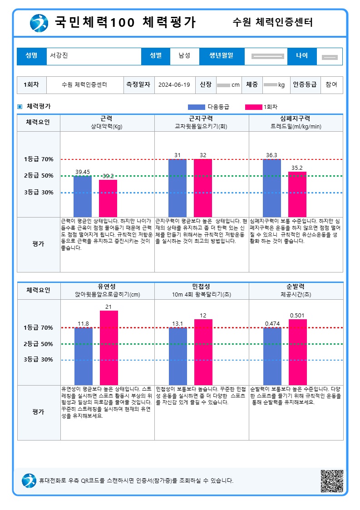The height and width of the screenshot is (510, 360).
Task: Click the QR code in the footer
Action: point(332,480)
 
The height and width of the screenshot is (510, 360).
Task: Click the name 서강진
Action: point(59,56)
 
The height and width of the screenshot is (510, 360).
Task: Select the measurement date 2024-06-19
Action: point(174,84)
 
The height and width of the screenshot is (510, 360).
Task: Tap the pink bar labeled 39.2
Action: point(108,198)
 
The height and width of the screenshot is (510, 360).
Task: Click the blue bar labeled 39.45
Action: point(83,196)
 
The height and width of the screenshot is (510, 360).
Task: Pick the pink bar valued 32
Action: point(202,188)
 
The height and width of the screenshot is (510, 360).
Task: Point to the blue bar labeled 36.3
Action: point(271,188)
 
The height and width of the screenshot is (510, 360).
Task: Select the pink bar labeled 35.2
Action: point(297,194)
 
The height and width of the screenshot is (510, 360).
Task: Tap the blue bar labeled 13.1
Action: point(178,356)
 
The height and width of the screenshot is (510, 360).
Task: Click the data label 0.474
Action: point(271,323)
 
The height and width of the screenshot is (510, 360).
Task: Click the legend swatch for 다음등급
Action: point(196,107)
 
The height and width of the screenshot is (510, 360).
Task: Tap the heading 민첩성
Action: point(201,287)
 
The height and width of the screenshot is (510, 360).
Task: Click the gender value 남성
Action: point(184,56)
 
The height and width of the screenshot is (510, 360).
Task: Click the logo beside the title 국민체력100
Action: point(39,23)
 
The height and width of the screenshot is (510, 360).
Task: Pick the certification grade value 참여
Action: point(331,84)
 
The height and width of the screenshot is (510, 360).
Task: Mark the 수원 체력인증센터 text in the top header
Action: point(272,22)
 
